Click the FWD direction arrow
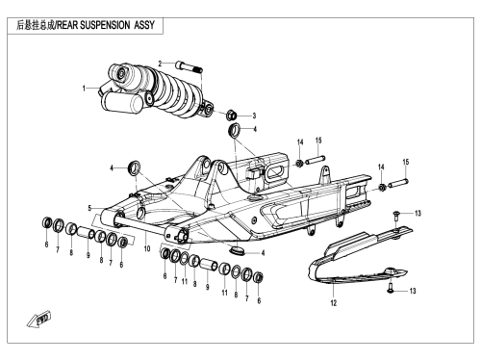(x=39, y=320)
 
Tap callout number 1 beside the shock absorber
(x=84, y=89)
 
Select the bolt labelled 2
(x=189, y=66)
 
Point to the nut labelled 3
(x=231, y=115)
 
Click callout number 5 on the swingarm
(x=90, y=208)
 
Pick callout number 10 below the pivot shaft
(x=147, y=248)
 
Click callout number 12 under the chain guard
(x=334, y=303)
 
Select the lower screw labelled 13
(x=391, y=288)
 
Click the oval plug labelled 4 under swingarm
(x=238, y=250)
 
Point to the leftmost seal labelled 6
(x=47, y=222)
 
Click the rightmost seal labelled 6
(x=259, y=277)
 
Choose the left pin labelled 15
(x=316, y=160)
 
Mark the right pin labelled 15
(x=398, y=183)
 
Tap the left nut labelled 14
(x=299, y=163)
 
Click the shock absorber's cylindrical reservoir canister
(x=122, y=101)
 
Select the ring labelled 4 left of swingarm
(x=134, y=167)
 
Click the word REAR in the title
(x=67, y=25)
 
